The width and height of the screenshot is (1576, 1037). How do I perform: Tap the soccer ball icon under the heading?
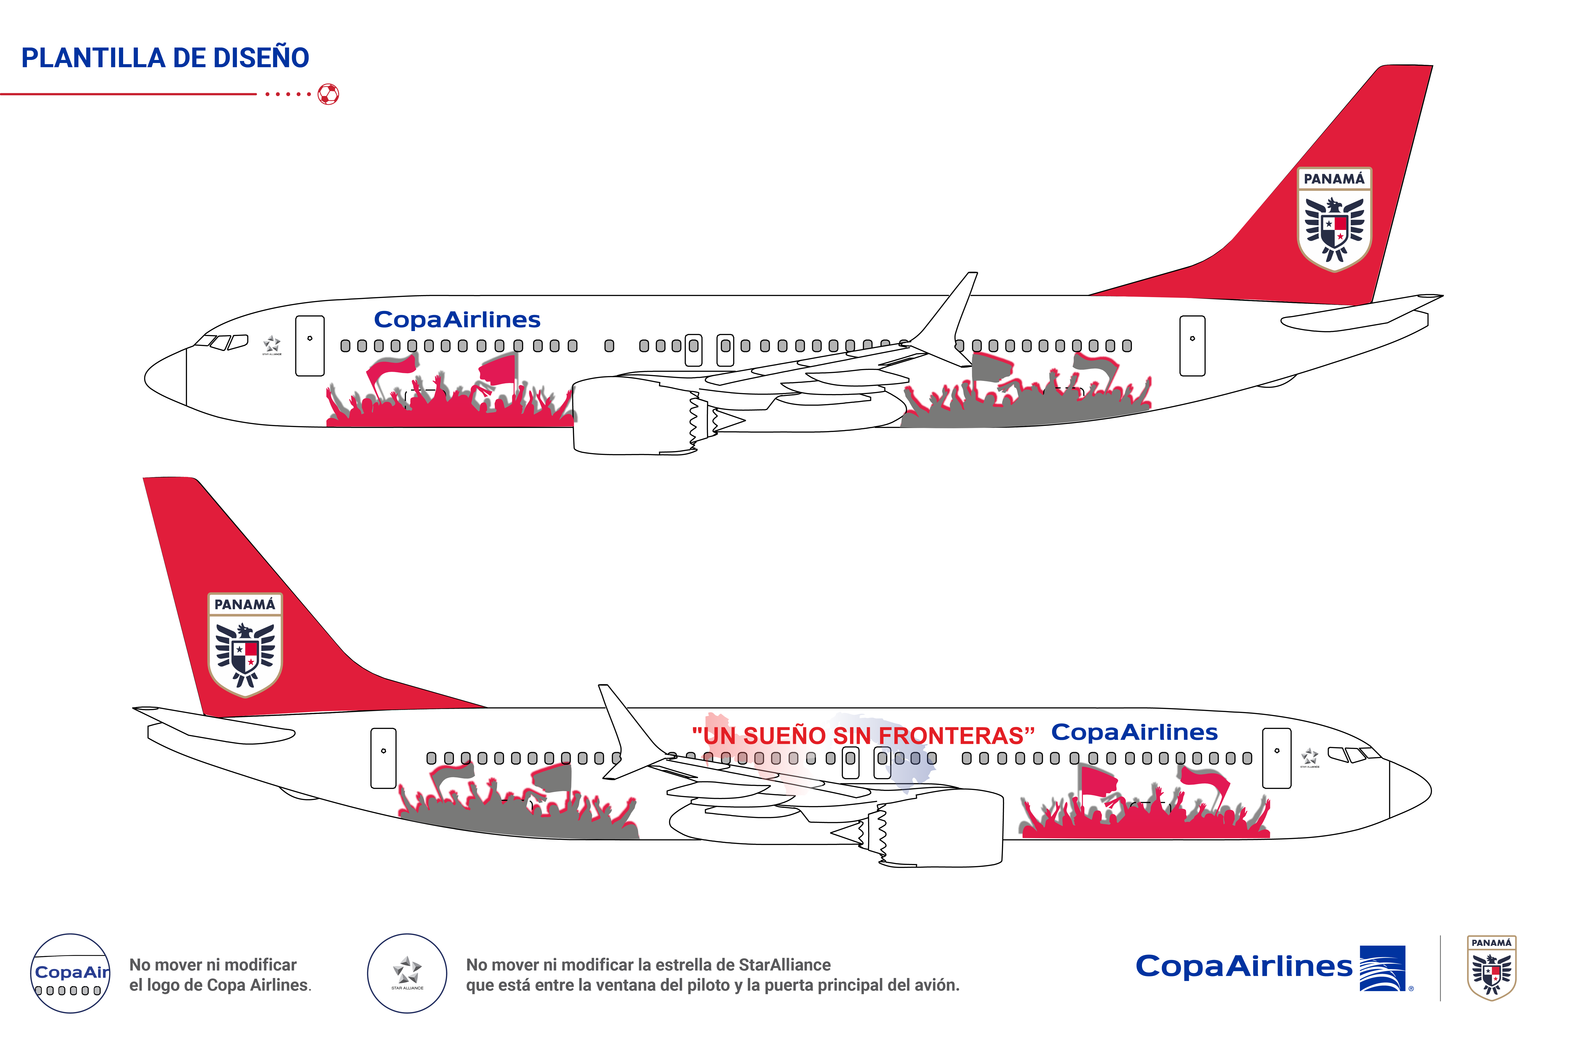(328, 94)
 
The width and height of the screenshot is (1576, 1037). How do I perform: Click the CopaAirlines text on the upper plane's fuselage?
(457, 320)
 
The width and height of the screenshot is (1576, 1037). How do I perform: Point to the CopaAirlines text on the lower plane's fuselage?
(1134, 732)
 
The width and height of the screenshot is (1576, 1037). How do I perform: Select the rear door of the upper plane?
(1192, 346)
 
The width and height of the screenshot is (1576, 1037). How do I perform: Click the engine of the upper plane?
(632, 416)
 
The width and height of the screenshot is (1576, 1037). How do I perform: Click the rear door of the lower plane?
(383, 758)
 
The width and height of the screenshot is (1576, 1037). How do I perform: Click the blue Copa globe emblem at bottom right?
(1383, 968)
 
